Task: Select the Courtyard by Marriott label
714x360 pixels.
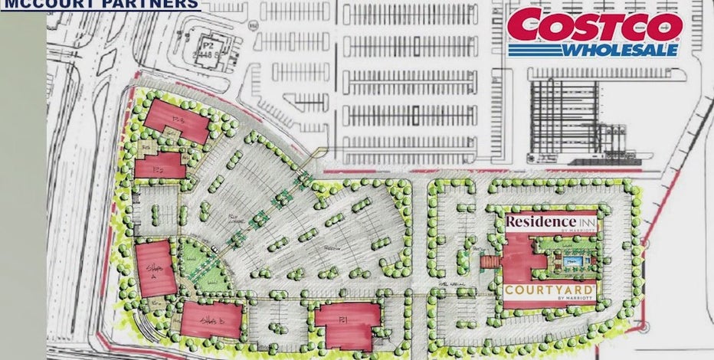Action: (x=550, y=292)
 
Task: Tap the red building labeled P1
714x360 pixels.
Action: (x=348, y=325)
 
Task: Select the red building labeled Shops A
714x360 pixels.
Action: (x=153, y=266)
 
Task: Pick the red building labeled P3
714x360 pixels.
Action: (x=178, y=121)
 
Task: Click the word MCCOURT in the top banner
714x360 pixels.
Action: (x=47, y=4)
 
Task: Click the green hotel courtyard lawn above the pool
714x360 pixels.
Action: (x=568, y=247)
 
